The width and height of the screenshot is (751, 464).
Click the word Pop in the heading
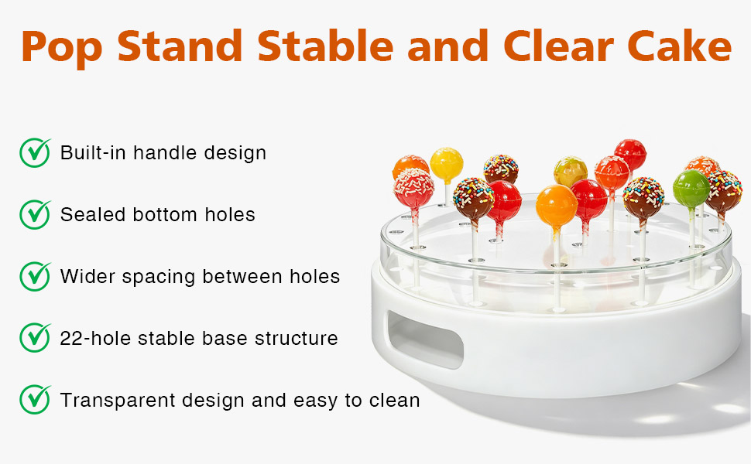point(61,48)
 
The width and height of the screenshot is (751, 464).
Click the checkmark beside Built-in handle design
point(35,152)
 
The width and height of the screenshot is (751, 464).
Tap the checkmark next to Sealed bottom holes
point(35,214)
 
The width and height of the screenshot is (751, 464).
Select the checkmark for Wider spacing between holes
point(35,276)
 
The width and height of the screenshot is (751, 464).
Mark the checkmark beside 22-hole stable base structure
point(35,338)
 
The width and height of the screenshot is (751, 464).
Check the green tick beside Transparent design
point(35,399)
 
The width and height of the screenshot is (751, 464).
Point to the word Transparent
point(118,401)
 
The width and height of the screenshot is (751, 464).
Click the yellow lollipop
point(447,165)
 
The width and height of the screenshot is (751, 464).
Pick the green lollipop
point(691,189)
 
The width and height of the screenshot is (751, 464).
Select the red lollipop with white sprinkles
point(413,188)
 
